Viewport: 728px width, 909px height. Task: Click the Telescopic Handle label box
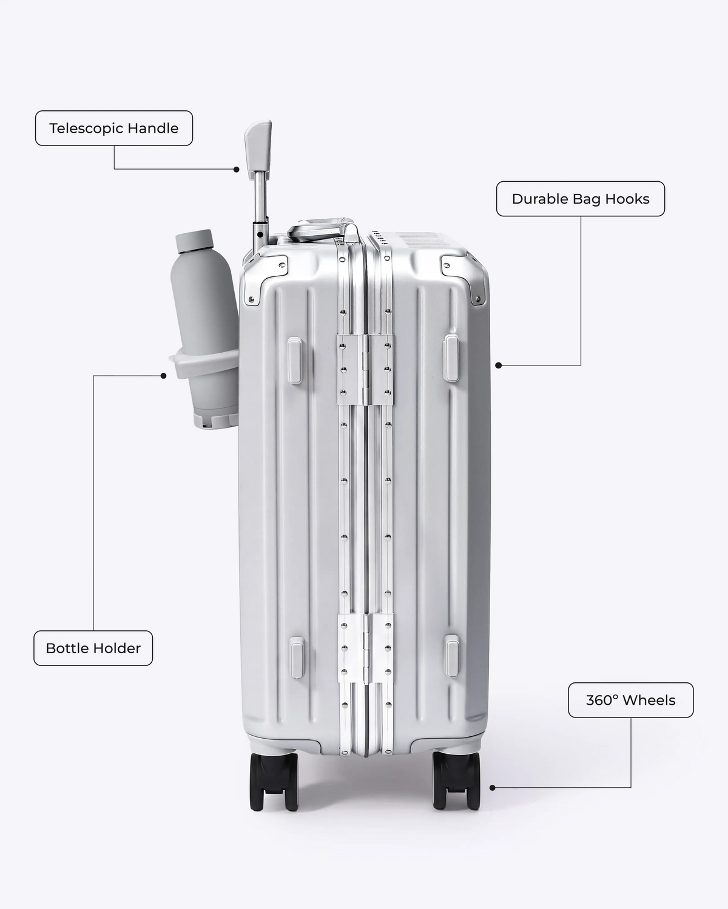coord(114,128)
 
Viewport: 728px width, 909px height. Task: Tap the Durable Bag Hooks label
coord(581,199)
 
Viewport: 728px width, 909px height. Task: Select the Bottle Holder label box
coord(93,648)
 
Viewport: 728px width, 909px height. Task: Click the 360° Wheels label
coord(630,700)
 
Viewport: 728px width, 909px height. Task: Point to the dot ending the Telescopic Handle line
coord(237,170)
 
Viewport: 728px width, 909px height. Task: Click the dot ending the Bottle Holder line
coord(164,376)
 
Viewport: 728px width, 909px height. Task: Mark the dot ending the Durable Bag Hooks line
coord(499,365)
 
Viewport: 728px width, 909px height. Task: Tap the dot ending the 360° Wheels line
coord(493,788)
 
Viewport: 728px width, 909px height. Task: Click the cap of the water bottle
coord(194,241)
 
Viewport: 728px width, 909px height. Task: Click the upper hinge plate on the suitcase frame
coord(365,370)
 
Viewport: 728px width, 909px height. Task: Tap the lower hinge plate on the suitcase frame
coord(365,648)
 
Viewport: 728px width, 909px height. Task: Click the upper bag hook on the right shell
coord(451,358)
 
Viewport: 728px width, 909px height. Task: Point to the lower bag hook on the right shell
coord(452,656)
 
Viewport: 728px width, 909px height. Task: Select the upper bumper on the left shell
coord(295,361)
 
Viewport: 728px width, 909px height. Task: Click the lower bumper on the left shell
coord(297,658)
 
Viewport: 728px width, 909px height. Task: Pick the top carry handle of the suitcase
coord(322,230)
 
